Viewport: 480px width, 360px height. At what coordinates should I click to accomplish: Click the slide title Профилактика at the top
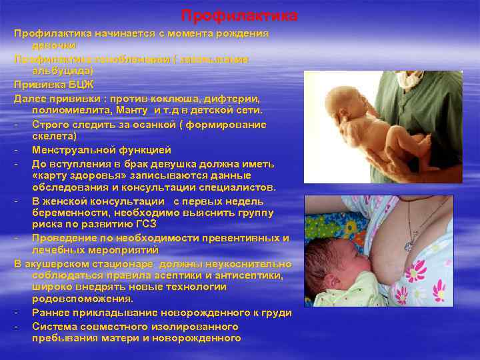pos(239,15)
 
